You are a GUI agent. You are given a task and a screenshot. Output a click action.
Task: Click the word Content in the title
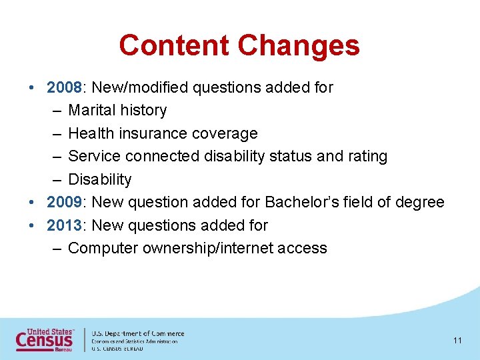point(175,45)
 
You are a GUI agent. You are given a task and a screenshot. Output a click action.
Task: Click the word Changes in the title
point(299,45)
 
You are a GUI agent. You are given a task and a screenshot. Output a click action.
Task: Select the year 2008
point(64,87)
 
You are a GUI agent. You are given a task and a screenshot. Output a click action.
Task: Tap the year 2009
point(64,202)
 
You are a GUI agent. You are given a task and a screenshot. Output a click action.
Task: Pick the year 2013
point(64,225)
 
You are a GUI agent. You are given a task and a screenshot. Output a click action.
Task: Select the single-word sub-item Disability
point(100,179)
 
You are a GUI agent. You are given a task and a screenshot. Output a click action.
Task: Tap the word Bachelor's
point(295,202)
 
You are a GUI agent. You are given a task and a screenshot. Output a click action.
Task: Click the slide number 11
point(457,341)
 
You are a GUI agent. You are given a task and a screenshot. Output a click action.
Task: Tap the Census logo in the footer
point(45,339)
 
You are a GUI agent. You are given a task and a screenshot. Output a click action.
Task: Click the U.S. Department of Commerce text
point(138,333)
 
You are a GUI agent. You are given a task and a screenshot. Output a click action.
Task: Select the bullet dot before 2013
point(32,225)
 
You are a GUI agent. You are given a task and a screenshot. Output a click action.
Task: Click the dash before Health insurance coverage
point(55,133)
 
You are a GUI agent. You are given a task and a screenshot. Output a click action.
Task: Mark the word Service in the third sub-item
point(93,156)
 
